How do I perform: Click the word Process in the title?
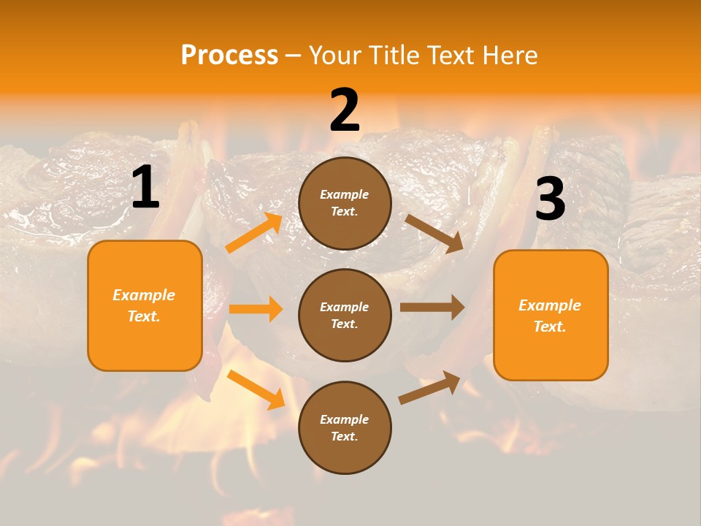pos(229,56)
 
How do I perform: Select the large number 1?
pos(145,188)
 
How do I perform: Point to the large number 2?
pos(345,110)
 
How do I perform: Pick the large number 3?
pos(550,199)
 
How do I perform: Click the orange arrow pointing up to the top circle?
pos(254,233)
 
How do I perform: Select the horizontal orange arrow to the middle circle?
pos(256,309)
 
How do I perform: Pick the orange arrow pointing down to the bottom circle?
pos(256,389)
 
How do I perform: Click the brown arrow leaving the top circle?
pos(434,234)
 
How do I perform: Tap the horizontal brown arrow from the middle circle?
pos(432,307)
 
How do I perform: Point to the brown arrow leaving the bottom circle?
pos(429,387)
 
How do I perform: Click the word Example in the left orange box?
pos(144,295)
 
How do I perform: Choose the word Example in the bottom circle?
pos(344,419)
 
